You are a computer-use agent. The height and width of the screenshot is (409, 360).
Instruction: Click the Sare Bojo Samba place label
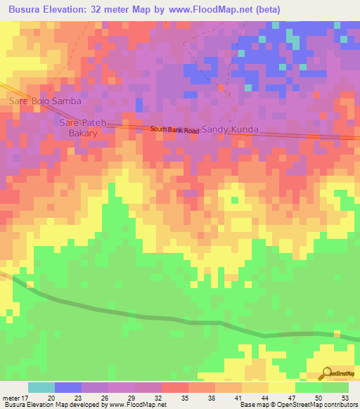(45, 101)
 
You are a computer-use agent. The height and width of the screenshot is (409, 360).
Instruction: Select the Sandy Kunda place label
(231, 130)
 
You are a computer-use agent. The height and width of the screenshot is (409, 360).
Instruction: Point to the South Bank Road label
(174, 130)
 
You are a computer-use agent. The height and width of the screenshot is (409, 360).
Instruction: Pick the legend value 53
(344, 397)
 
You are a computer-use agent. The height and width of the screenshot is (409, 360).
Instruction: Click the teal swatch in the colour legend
(41, 387)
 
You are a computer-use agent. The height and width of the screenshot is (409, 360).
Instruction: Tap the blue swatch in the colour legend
(68, 387)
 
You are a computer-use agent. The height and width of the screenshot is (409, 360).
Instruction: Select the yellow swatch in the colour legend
(282, 387)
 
